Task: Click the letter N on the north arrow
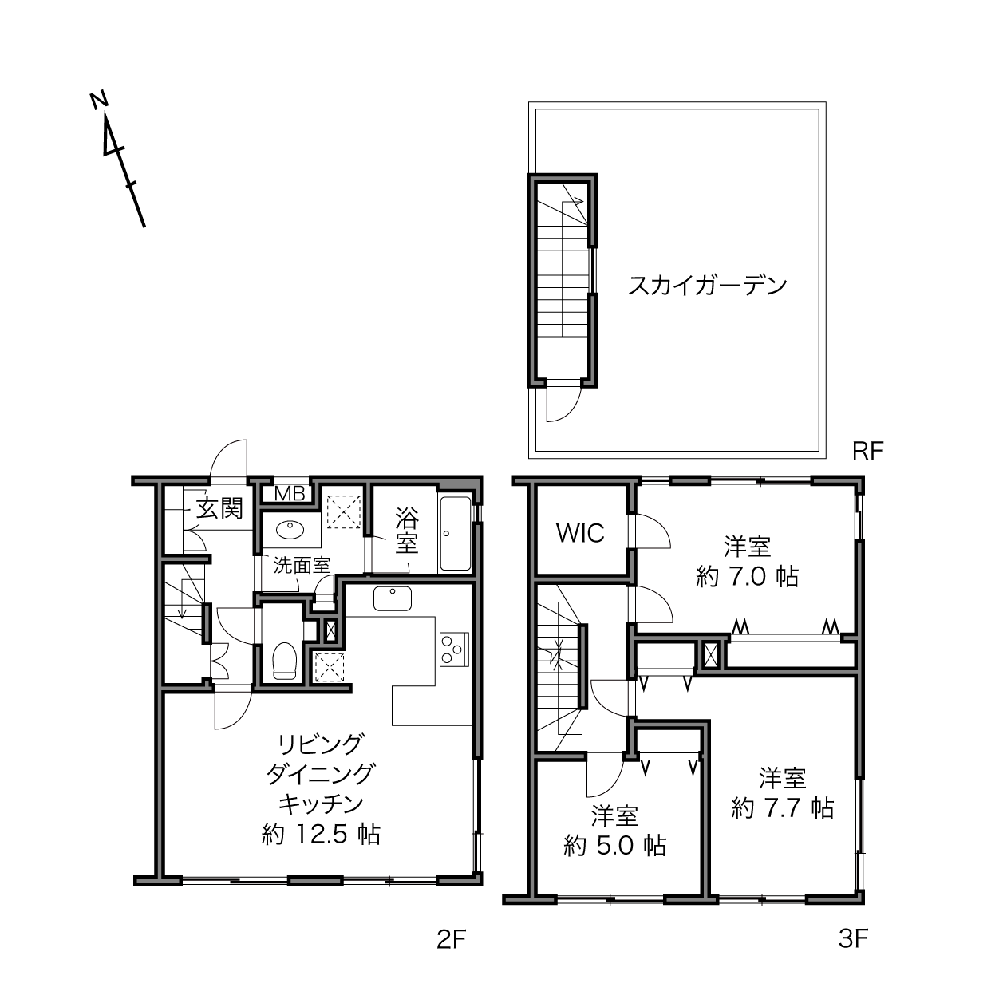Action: (99, 101)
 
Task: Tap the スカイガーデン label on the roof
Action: (708, 286)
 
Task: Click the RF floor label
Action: (868, 452)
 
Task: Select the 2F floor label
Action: (452, 939)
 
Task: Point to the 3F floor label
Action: (853, 938)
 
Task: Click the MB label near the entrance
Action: (290, 494)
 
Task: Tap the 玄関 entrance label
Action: (219, 508)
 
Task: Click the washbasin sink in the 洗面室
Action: (290, 530)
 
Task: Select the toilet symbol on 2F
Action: (283, 661)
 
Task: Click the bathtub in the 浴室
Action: (455, 534)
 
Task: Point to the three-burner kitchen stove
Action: (454, 649)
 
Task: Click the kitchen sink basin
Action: (393, 598)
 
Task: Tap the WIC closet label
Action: (580, 533)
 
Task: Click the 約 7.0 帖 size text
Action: (747, 576)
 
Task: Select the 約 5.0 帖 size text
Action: (614, 846)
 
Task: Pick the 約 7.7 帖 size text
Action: (782, 807)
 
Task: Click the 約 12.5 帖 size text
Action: (321, 835)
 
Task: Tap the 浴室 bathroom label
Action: (407, 530)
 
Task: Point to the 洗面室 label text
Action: (302, 565)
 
